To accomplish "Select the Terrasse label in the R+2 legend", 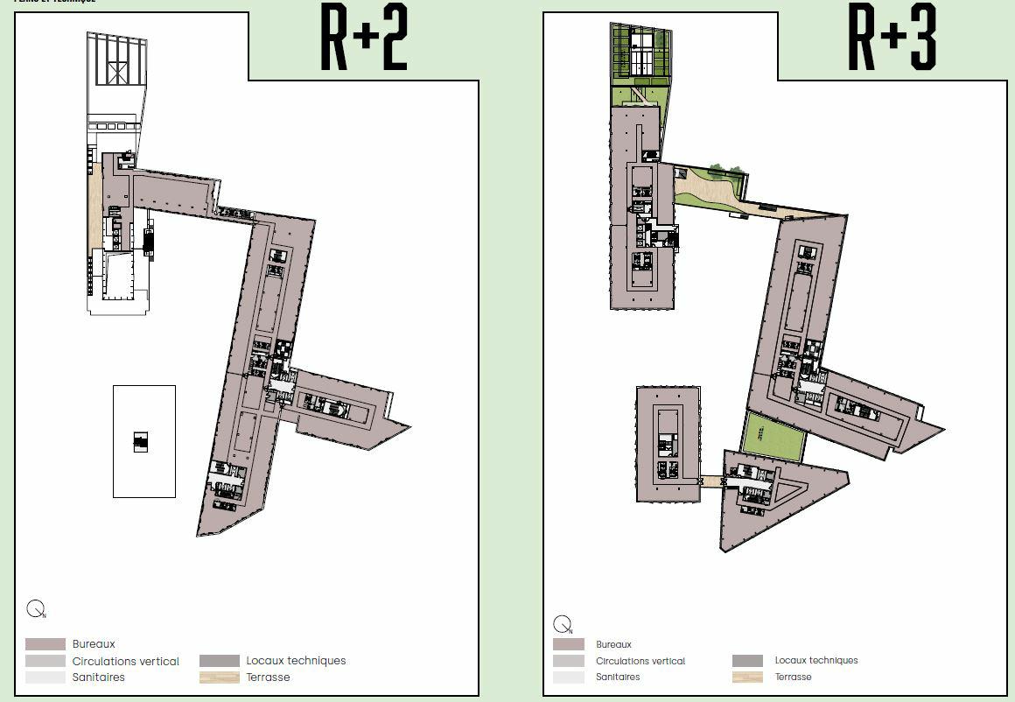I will [268, 677].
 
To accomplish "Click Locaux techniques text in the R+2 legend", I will [296, 661].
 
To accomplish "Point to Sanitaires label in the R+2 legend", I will [98, 677].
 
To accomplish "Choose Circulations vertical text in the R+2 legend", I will [125, 662].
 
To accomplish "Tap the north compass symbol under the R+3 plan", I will [563, 625].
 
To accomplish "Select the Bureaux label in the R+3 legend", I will [613, 645].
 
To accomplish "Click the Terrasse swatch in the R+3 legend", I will [748, 677].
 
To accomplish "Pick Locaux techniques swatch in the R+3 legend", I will [748, 661].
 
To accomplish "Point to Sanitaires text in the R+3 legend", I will [618, 677].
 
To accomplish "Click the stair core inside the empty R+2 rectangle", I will [141, 441].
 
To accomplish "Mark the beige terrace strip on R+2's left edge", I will [93, 210].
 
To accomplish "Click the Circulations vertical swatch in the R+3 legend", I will [569, 661].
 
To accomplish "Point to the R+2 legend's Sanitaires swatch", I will [45, 677].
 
